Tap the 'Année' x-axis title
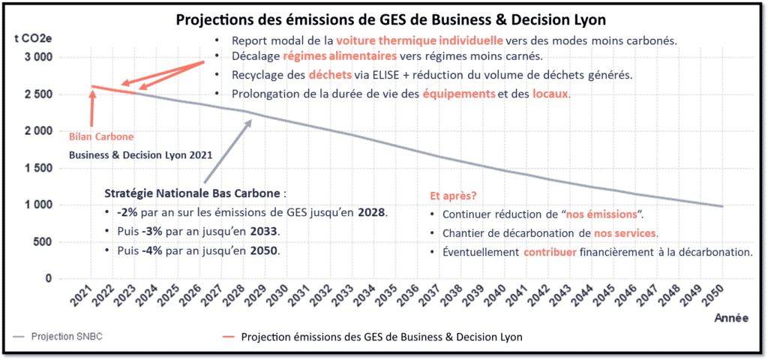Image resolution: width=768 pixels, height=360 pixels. coord(730,319)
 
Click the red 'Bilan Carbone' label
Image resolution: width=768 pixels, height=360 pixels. coord(101,136)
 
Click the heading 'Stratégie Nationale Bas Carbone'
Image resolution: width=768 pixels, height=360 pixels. coord(192,192)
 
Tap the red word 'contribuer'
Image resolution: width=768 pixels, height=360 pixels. coord(550,252)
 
